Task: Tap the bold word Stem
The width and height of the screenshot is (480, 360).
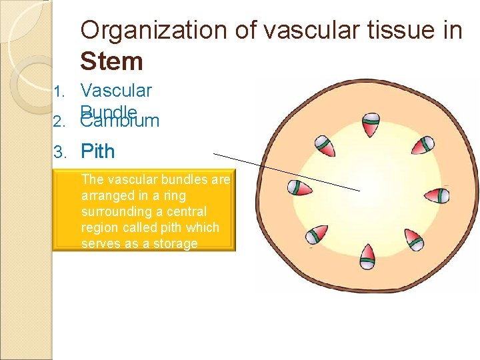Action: point(111,61)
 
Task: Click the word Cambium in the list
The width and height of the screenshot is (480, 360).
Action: point(120,121)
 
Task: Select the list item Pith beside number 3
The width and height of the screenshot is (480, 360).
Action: point(97,151)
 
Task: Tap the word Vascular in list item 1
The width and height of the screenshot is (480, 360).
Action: point(116,90)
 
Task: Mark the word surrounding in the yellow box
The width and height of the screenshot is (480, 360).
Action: point(113,211)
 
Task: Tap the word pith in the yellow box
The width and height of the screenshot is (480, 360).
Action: point(164,227)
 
